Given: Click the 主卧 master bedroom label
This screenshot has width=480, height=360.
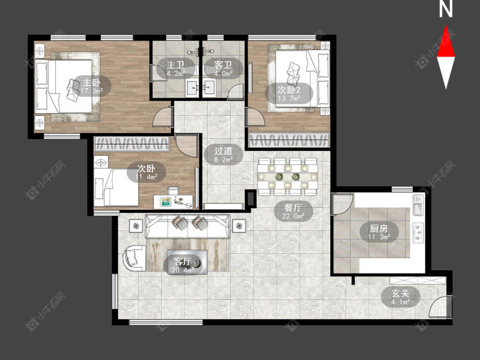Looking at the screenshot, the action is tap(92, 86).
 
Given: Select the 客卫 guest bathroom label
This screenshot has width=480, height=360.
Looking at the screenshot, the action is tap(223, 68).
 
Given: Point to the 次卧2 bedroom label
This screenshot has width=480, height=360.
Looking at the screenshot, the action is tap(289, 93).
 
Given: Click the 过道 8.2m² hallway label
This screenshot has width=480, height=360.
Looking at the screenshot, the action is tap(224, 154).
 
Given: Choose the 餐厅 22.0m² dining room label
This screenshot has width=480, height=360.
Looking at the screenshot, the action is tap(293, 211).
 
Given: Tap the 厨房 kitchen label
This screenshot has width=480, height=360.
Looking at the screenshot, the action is tap(379, 232).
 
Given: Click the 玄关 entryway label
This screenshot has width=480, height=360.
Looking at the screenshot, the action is tap(400, 297).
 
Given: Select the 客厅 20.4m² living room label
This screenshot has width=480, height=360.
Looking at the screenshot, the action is tap(183, 265).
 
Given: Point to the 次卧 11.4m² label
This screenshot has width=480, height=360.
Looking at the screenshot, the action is tap(146, 172).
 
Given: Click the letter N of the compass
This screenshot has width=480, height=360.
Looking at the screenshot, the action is tap(446, 9).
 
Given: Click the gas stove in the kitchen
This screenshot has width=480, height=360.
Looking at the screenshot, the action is tap(418, 232).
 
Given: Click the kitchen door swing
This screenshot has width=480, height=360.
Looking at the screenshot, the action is tap(343, 204).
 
